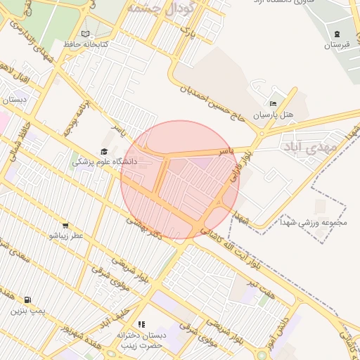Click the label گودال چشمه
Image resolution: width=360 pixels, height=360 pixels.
pos(162,8)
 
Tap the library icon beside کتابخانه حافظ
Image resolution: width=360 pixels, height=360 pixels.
pos(86,33)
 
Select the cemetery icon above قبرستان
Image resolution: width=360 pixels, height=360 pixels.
pos(337,34)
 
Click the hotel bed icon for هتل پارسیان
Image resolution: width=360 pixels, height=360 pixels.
pos(274,103)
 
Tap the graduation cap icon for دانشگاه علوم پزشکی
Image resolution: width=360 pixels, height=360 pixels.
pos(104,151)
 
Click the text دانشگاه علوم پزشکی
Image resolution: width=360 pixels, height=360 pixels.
pos(105,162)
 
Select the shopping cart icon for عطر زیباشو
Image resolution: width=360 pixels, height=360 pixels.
pos(65,226)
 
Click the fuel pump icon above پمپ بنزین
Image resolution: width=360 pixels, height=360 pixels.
pos(27,299)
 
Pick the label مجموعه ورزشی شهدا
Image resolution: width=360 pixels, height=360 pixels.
pos(319,223)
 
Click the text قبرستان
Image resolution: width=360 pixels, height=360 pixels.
pos(337,45)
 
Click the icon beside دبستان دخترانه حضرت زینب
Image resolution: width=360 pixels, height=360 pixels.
pos(141,324)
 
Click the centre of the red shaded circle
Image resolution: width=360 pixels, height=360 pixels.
pos(180,180)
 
